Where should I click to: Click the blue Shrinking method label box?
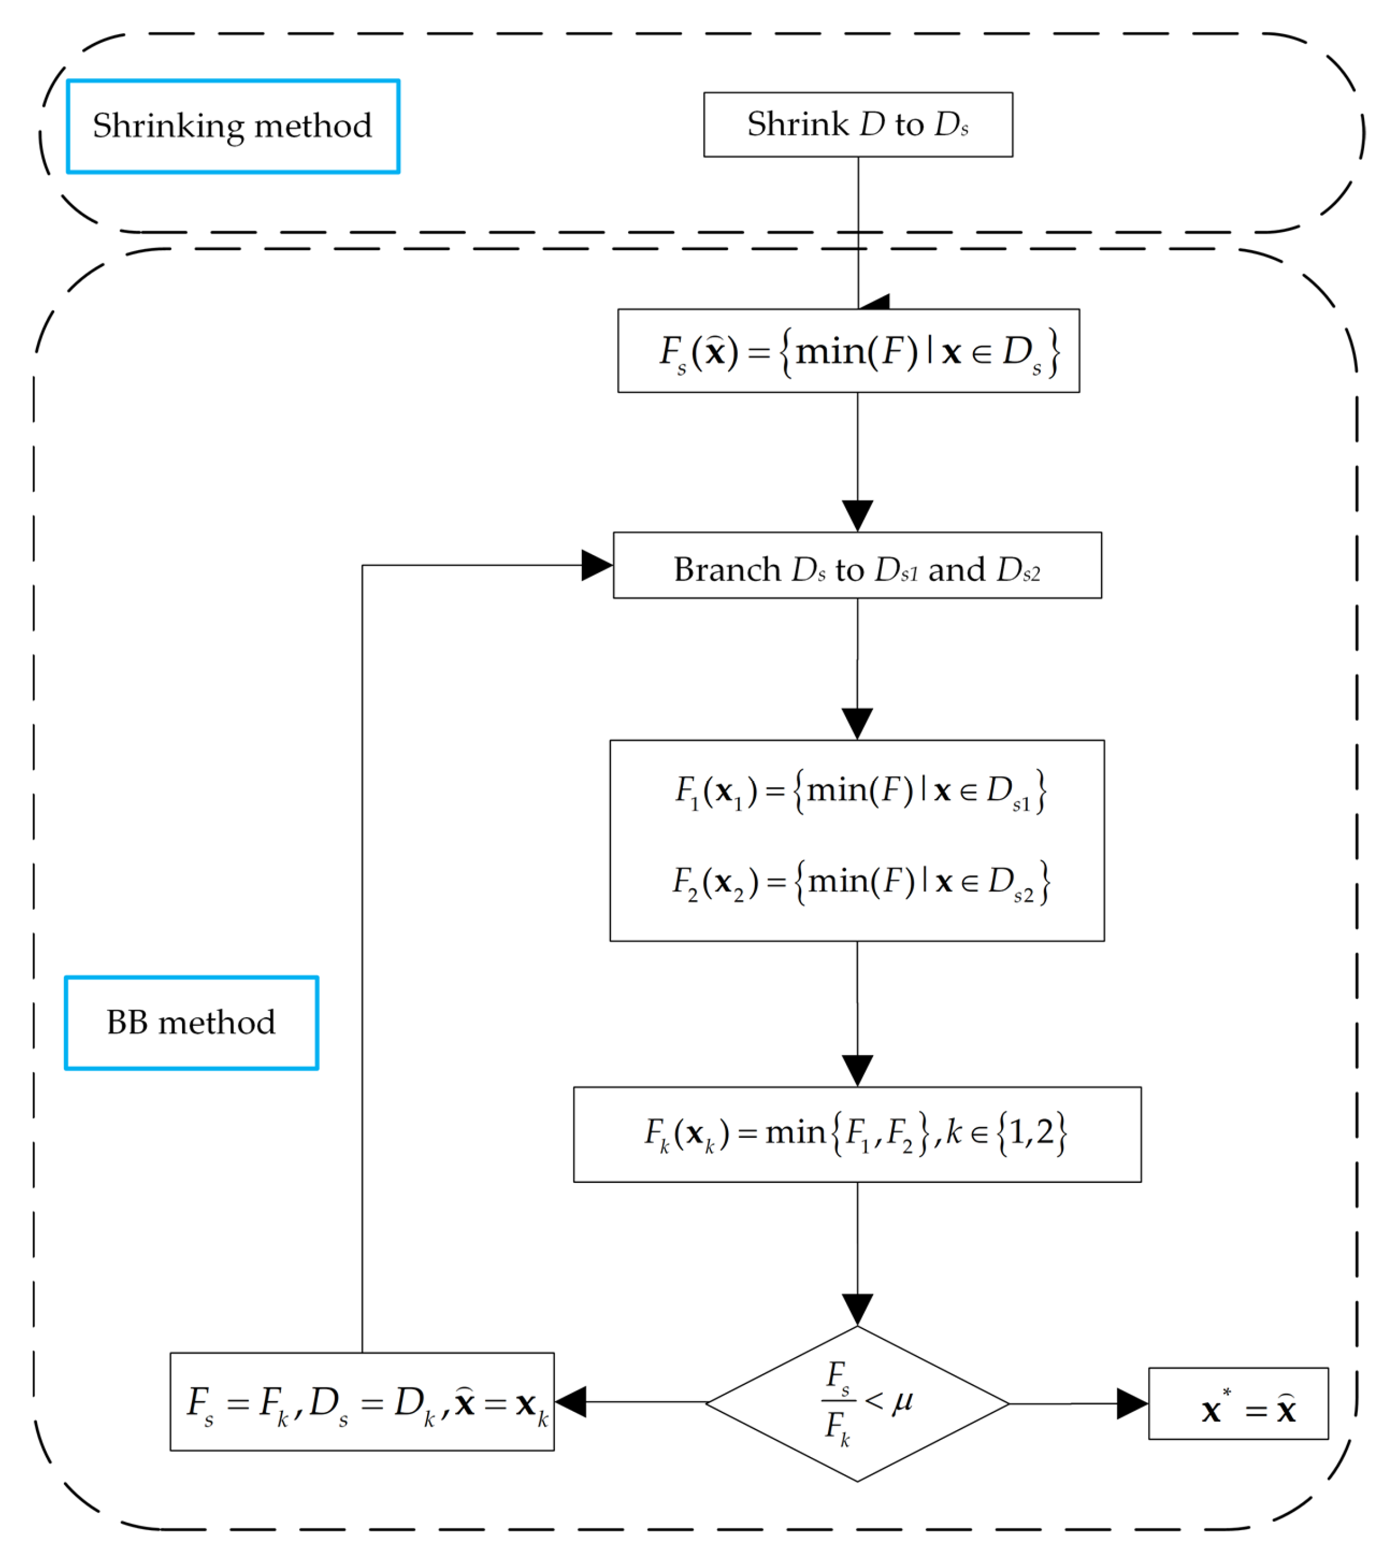(x=232, y=126)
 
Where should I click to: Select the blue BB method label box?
(x=191, y=1023)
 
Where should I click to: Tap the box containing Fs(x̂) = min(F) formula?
(x=848, y=351)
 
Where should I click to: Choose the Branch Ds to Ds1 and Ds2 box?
(x=857, y=565)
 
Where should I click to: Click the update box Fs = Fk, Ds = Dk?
(x=362, y=1402)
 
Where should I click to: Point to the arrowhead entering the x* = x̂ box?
(x=1132, y=1404)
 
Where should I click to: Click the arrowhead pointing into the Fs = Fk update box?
(x=571, y=1402)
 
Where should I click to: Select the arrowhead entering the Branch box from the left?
(x=596, y=565)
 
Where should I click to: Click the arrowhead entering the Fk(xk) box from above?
(x=857, y=1071)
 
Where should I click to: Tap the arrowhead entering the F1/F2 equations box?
(x=857, y=723)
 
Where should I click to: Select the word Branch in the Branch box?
(x=727, y=570)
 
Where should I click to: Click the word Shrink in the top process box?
(x=797, y=124)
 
